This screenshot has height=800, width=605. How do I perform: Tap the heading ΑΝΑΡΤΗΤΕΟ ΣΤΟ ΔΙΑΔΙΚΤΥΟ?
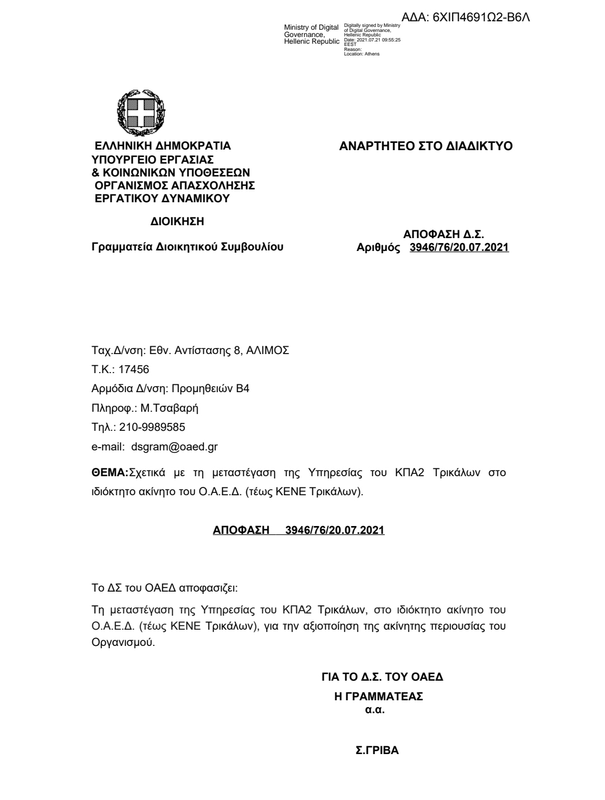[426, 146]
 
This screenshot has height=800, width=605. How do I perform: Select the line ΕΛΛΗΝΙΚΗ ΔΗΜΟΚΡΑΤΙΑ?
[163, 146]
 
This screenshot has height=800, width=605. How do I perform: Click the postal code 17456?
[134, 369]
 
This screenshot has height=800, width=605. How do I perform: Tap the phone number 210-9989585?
[152, 427]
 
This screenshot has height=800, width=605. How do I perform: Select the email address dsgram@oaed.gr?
[174, 446]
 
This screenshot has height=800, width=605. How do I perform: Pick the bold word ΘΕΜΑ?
[110, 472]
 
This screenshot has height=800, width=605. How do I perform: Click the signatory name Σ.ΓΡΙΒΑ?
[378, 751]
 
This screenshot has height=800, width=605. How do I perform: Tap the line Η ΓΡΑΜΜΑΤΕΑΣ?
[378, 697]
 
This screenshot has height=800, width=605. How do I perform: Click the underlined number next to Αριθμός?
[459, 247]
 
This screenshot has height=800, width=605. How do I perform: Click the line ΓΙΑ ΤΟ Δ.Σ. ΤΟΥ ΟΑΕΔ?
[382, 677]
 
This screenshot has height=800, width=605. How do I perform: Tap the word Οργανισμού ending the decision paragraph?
[123, 643]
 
